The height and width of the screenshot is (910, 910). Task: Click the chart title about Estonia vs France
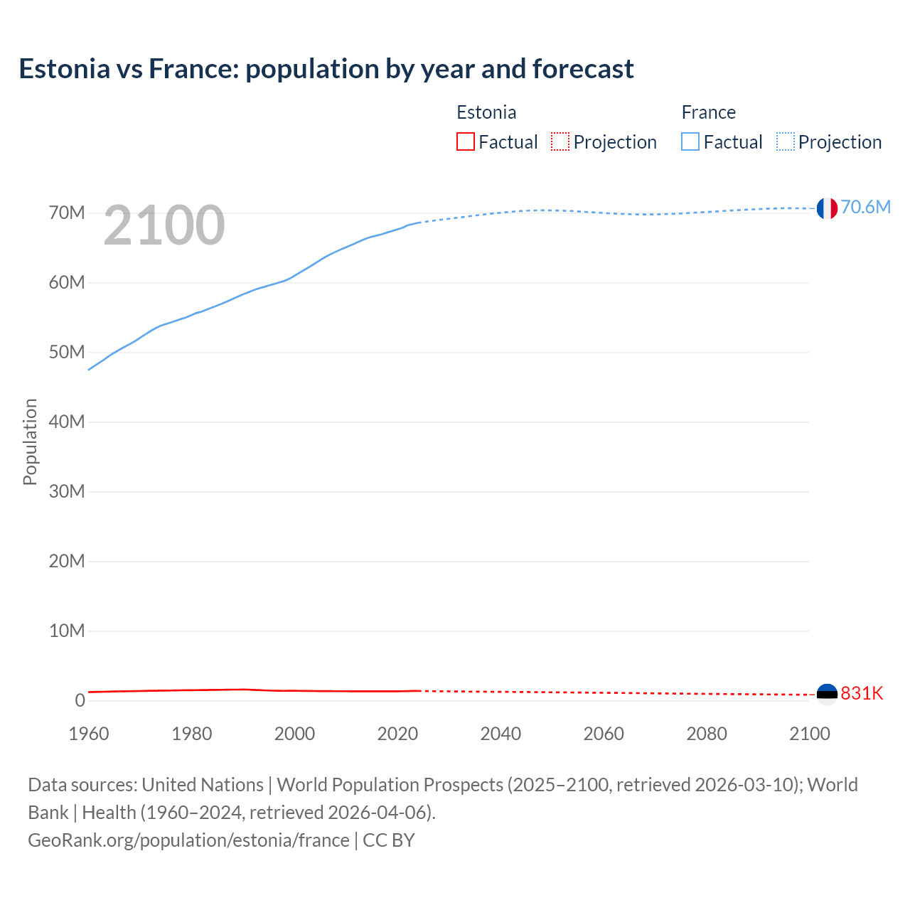pos(326,69)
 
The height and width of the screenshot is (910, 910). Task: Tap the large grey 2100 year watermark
pos(164,225)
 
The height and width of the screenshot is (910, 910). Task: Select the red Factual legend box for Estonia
pos(466,141)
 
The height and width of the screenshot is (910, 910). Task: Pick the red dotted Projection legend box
pos(560,141)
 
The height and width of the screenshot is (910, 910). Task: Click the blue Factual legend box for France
pos(690,141)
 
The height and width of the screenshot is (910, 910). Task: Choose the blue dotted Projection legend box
pos(785,141)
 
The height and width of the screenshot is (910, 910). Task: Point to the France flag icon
pos(827,208)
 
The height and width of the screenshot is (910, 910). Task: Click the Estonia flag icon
pos(827,693)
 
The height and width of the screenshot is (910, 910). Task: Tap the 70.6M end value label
pos(865,207)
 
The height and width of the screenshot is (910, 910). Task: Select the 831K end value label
pos(862,693)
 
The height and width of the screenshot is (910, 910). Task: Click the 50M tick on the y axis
pos(67,353)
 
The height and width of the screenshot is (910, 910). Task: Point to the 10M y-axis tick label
pos(67,631)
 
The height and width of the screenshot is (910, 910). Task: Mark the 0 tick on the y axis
pos(80,700)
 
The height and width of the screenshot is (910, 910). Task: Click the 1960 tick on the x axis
pos(89,734)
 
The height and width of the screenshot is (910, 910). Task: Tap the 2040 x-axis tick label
pos(500,734)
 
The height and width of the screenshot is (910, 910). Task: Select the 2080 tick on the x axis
pos(707,734)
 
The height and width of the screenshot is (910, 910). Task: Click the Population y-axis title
pos(30,441)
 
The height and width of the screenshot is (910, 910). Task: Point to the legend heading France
pos(708,112)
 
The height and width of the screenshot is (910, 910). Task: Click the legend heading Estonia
pos(486,112)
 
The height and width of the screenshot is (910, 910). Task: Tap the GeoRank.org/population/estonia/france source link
pos(188,840)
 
